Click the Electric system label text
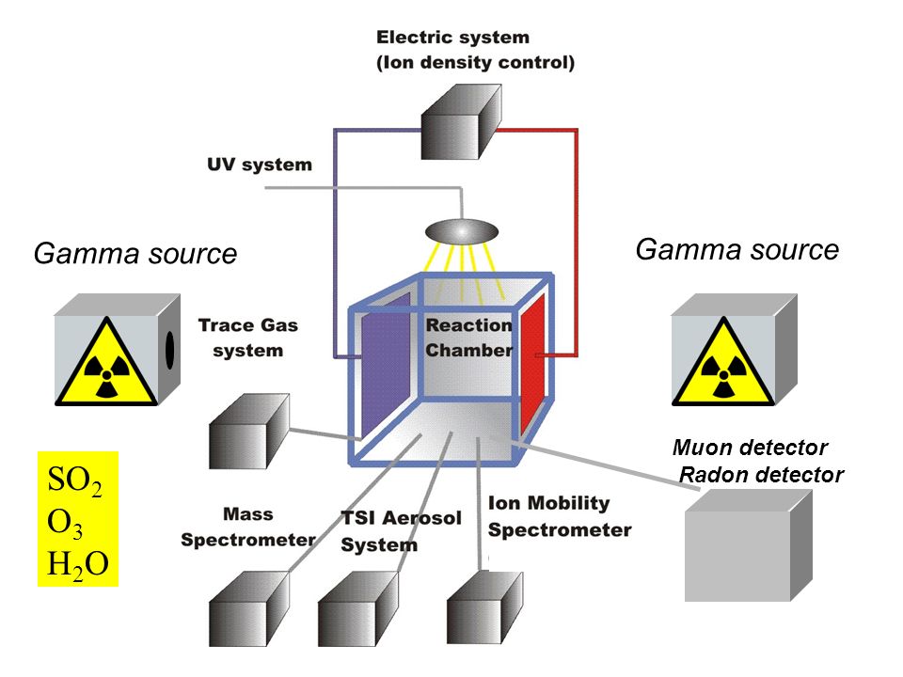pos(476,50)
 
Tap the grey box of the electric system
pos(461,122)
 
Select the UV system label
pos(260,165)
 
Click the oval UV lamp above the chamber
pos(462,232)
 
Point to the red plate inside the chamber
pos(532,364)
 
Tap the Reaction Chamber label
pos(468,338)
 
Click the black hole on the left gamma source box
pos(170,350)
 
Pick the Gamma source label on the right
pos(737,250)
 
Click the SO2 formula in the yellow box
pos(75,480)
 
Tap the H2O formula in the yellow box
pos(78,565)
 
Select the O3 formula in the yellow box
pos(65,524)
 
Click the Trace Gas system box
pos(248,431)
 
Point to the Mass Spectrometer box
pos(248,608)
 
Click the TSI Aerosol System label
pos(402,530)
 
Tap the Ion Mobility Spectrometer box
pos(485,607)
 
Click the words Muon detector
pos(750,448)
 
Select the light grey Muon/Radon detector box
pos(749,545)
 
